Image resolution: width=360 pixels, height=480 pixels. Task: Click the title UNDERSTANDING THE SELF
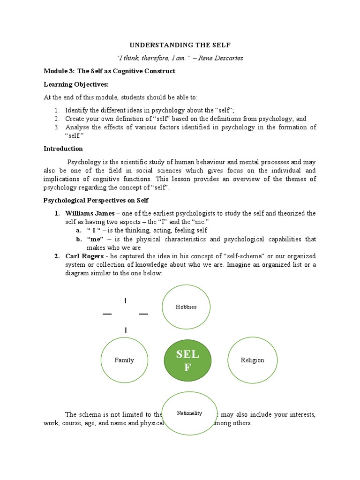180,45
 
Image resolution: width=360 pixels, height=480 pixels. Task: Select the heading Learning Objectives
75,84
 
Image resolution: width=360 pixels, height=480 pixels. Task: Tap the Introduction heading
63,149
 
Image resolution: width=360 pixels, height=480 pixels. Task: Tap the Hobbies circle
186,307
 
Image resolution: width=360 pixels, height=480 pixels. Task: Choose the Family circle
124,360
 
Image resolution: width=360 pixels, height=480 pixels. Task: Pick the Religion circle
252,360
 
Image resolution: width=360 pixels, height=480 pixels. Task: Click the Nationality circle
189,413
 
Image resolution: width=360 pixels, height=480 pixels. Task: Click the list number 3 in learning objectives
56,127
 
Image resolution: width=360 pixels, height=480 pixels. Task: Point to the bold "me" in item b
95,239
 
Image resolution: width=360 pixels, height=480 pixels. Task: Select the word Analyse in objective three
77,127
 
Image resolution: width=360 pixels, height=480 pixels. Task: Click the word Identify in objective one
77,110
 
